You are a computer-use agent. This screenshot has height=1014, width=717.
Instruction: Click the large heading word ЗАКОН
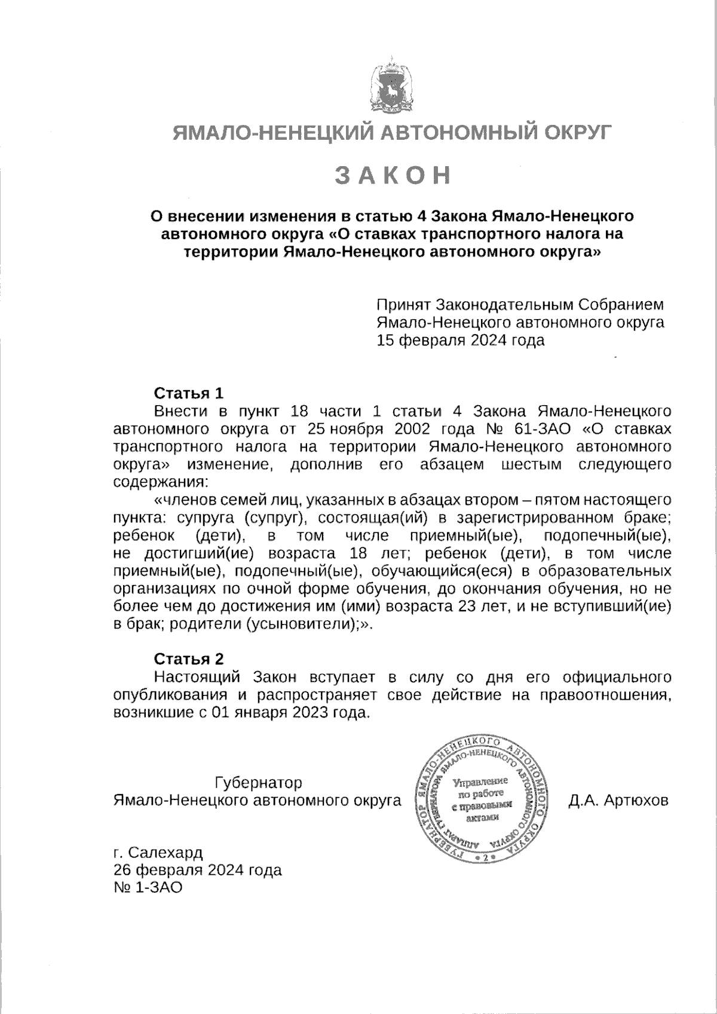click(x=392, y=174)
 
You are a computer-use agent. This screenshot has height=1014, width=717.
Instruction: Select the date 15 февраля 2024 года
click(x=460, y=341)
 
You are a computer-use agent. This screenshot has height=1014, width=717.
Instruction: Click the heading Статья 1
click(x=189, y=393)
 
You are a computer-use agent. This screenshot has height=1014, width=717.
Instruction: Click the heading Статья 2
click(x=189, y=659)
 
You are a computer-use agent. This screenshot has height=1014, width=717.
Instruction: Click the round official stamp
click(x=483, y=799)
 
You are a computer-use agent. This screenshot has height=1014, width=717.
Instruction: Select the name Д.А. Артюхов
click(x=618, y=800)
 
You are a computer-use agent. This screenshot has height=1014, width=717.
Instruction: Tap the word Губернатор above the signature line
click(x=258, y=782)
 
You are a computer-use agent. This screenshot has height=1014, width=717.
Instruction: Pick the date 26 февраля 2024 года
click(x=198, y=869)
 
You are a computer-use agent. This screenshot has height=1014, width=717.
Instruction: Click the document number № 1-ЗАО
click(x=147, y=887)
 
